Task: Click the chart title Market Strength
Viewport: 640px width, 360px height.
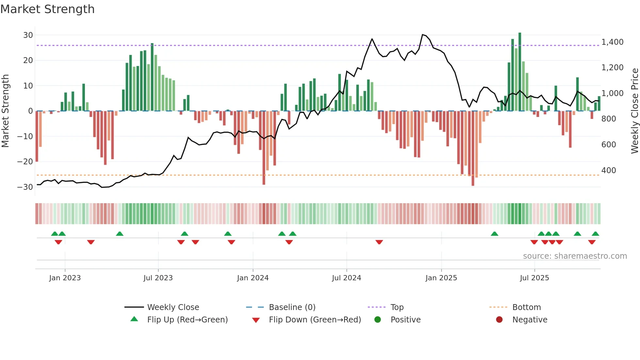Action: [47, 9]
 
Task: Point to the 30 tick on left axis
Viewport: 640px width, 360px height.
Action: [28, 35]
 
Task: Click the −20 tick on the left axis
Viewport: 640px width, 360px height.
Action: [25, 162]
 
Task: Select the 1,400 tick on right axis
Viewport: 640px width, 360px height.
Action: [612, 42]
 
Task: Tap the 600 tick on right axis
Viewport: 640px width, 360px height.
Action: [609, 145]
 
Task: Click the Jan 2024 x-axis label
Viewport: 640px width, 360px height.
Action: [253, 278]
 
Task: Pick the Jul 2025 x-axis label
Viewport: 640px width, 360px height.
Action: [534, 278]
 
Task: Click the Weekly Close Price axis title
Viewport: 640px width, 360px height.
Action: [634, 111]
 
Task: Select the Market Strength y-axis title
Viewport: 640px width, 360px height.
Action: [5, 111]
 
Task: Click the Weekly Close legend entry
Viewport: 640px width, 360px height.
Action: [173, 307]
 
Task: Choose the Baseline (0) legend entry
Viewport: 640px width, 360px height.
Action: [292, 307]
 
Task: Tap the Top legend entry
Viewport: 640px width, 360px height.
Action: [397, 307]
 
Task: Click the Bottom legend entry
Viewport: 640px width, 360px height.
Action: [526, 307]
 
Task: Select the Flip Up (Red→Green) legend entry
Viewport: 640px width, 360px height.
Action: [187, 320]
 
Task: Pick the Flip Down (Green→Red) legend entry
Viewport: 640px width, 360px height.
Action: [315, 320]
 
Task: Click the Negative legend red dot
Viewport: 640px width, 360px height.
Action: [499, 320]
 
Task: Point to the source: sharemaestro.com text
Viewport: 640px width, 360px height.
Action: [575, 256]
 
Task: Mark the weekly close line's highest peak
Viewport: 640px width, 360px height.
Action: [423, 35]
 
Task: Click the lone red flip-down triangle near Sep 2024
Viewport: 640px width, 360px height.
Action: [379, 242]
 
